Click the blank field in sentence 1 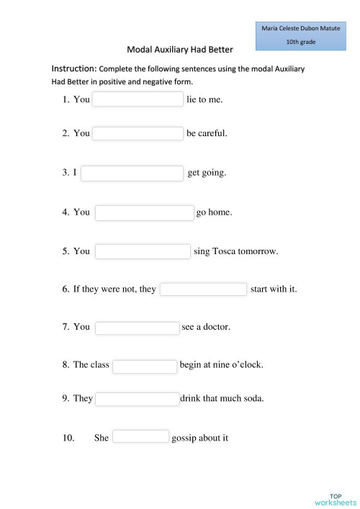138,99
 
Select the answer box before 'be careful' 138,133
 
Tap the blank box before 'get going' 132,174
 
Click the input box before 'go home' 145,213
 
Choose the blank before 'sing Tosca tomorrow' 143,251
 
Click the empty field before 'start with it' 203,289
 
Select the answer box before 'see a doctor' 137,328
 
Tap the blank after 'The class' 145,366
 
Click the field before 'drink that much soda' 137,399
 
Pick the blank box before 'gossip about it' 140,436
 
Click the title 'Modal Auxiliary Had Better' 180,50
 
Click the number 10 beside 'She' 68,437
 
